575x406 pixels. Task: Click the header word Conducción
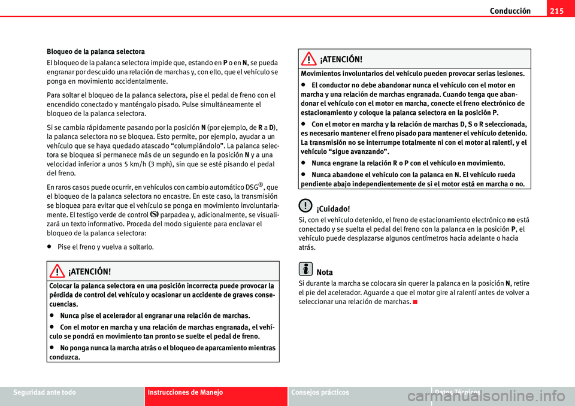[x=510, y=11]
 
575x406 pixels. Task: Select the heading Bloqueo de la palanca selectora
[x=95, y=51]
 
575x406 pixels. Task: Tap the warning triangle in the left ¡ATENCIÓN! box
[x=59, y=271]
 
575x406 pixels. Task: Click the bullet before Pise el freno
[x=50, y=246]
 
